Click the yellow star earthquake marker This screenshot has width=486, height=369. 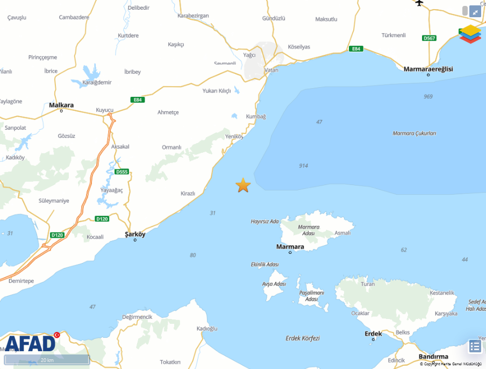coord(243,185)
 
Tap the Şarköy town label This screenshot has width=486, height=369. coord(135,234)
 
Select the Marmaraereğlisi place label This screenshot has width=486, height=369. coord(428,69)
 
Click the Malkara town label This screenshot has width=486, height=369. coord(61,105)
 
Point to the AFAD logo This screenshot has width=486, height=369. coord(31,343)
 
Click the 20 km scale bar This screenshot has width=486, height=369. coord(47,359)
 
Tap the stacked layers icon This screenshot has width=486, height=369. coord(470,34)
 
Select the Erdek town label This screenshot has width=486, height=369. coord(373,333)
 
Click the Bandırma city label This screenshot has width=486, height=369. coord(433,356)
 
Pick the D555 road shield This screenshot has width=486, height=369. coord(122,172)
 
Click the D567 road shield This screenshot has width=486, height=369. coord(429,38)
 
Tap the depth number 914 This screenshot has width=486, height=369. coord(304,166)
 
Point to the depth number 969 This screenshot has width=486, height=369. coord(428,96)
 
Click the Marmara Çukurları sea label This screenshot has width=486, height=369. coord(414,133)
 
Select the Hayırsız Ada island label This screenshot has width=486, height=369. coord(265,221)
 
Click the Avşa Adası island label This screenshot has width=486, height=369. coord(274,283)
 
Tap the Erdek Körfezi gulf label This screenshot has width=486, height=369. coord(303,338)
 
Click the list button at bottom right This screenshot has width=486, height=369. coord(475,346)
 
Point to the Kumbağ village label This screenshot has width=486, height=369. coord(256,116)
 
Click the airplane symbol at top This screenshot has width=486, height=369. coord(420,3)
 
